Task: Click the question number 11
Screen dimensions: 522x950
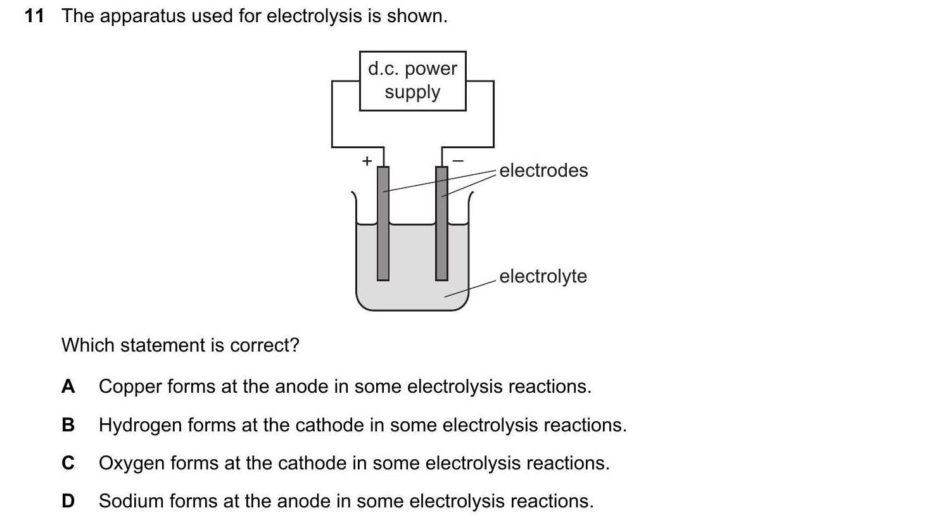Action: [x=34, y=16]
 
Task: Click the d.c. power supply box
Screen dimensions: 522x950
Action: [x=412, y=80]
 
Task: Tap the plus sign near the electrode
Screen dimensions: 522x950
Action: [x=366, y=161]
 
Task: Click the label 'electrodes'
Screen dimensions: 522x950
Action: [x=543, y=170]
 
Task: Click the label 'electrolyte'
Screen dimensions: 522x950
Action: [x=543, y=276]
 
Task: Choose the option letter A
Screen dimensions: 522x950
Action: [x=68, y=386]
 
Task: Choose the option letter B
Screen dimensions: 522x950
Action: [x=68, y=424]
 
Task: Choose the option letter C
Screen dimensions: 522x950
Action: [x=68, y=463]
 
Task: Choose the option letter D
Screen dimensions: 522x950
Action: [x=68, y=501]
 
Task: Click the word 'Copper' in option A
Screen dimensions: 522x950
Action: [x=130, y=386]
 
